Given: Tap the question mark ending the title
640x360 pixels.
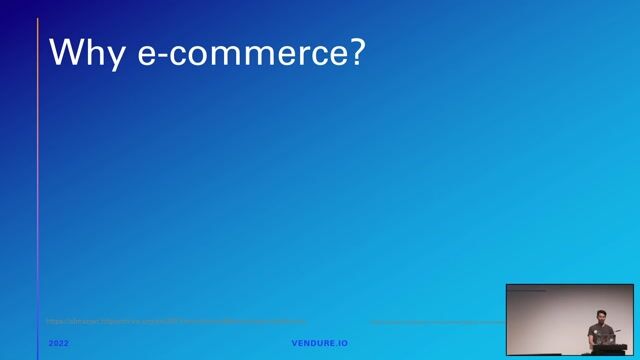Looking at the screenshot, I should [x=356, y=52].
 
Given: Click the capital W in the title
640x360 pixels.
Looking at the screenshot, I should [x=69, y=52].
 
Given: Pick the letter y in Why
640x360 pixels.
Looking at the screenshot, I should [x=118, y=58].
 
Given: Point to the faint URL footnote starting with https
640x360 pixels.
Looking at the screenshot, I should [x=176, y=322].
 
